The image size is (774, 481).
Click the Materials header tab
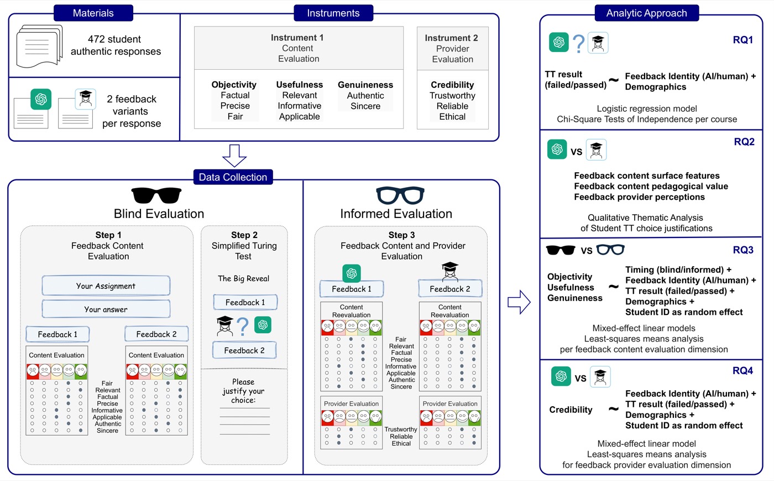coord(93,13)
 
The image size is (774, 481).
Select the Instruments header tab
coord(333,13)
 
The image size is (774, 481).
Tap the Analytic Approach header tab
coord(646,13)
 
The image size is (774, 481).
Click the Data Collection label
coord(233,177)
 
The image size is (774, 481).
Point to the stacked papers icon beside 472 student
coord(40,46)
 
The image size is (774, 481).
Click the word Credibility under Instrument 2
coord(452,85)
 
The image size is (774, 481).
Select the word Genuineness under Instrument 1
coord(365,85)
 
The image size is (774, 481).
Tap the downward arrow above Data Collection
coord(234,156)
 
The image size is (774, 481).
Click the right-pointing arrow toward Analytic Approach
coord(519,302)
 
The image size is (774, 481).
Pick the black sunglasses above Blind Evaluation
coord(156,196)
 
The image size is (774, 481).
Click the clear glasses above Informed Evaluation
coord(400,195)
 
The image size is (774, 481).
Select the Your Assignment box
coord(106,286)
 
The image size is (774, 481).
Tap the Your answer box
coord(106,309)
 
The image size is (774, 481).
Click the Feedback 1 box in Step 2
coord(245,302)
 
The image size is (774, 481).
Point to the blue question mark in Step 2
coord(243,327)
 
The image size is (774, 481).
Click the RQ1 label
coord(743,40)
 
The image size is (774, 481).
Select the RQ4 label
coord(743,371)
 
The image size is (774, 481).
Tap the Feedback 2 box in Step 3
coord(450,288)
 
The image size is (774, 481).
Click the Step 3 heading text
coord(401,235)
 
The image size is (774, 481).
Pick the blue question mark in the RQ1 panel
coord(578,44)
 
